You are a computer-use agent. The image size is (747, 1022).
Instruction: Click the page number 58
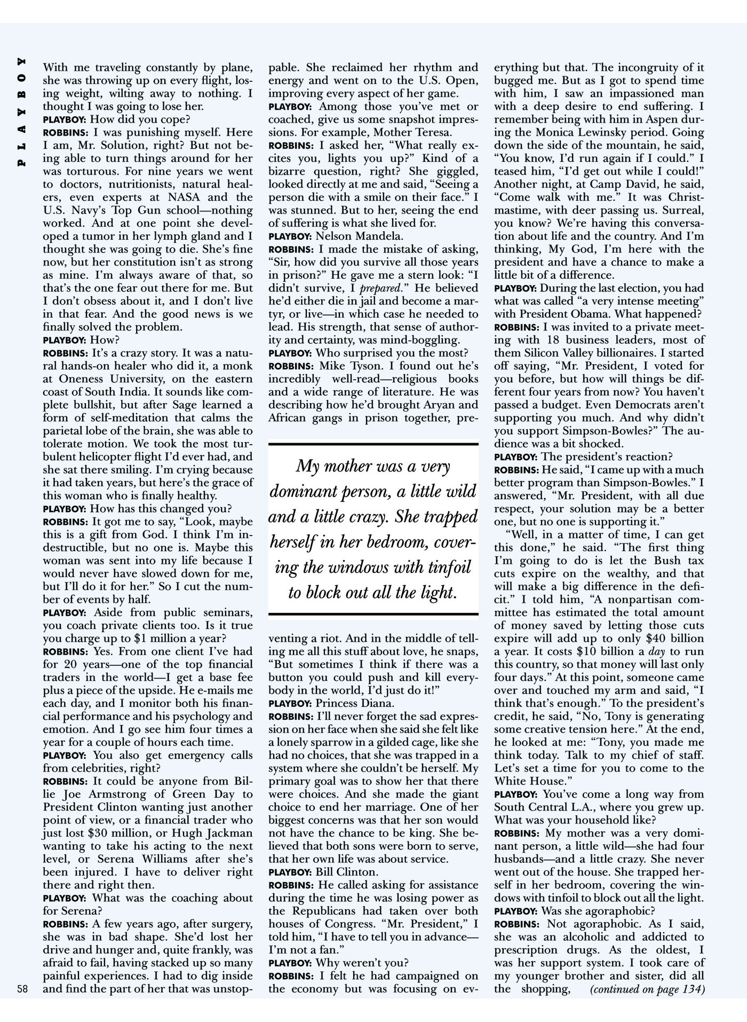click(23, 988)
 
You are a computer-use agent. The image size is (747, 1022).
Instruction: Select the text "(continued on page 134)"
click(647, 989)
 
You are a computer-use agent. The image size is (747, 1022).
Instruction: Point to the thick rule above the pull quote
click(373, 444)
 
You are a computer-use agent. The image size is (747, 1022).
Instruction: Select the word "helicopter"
click(110, 457)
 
